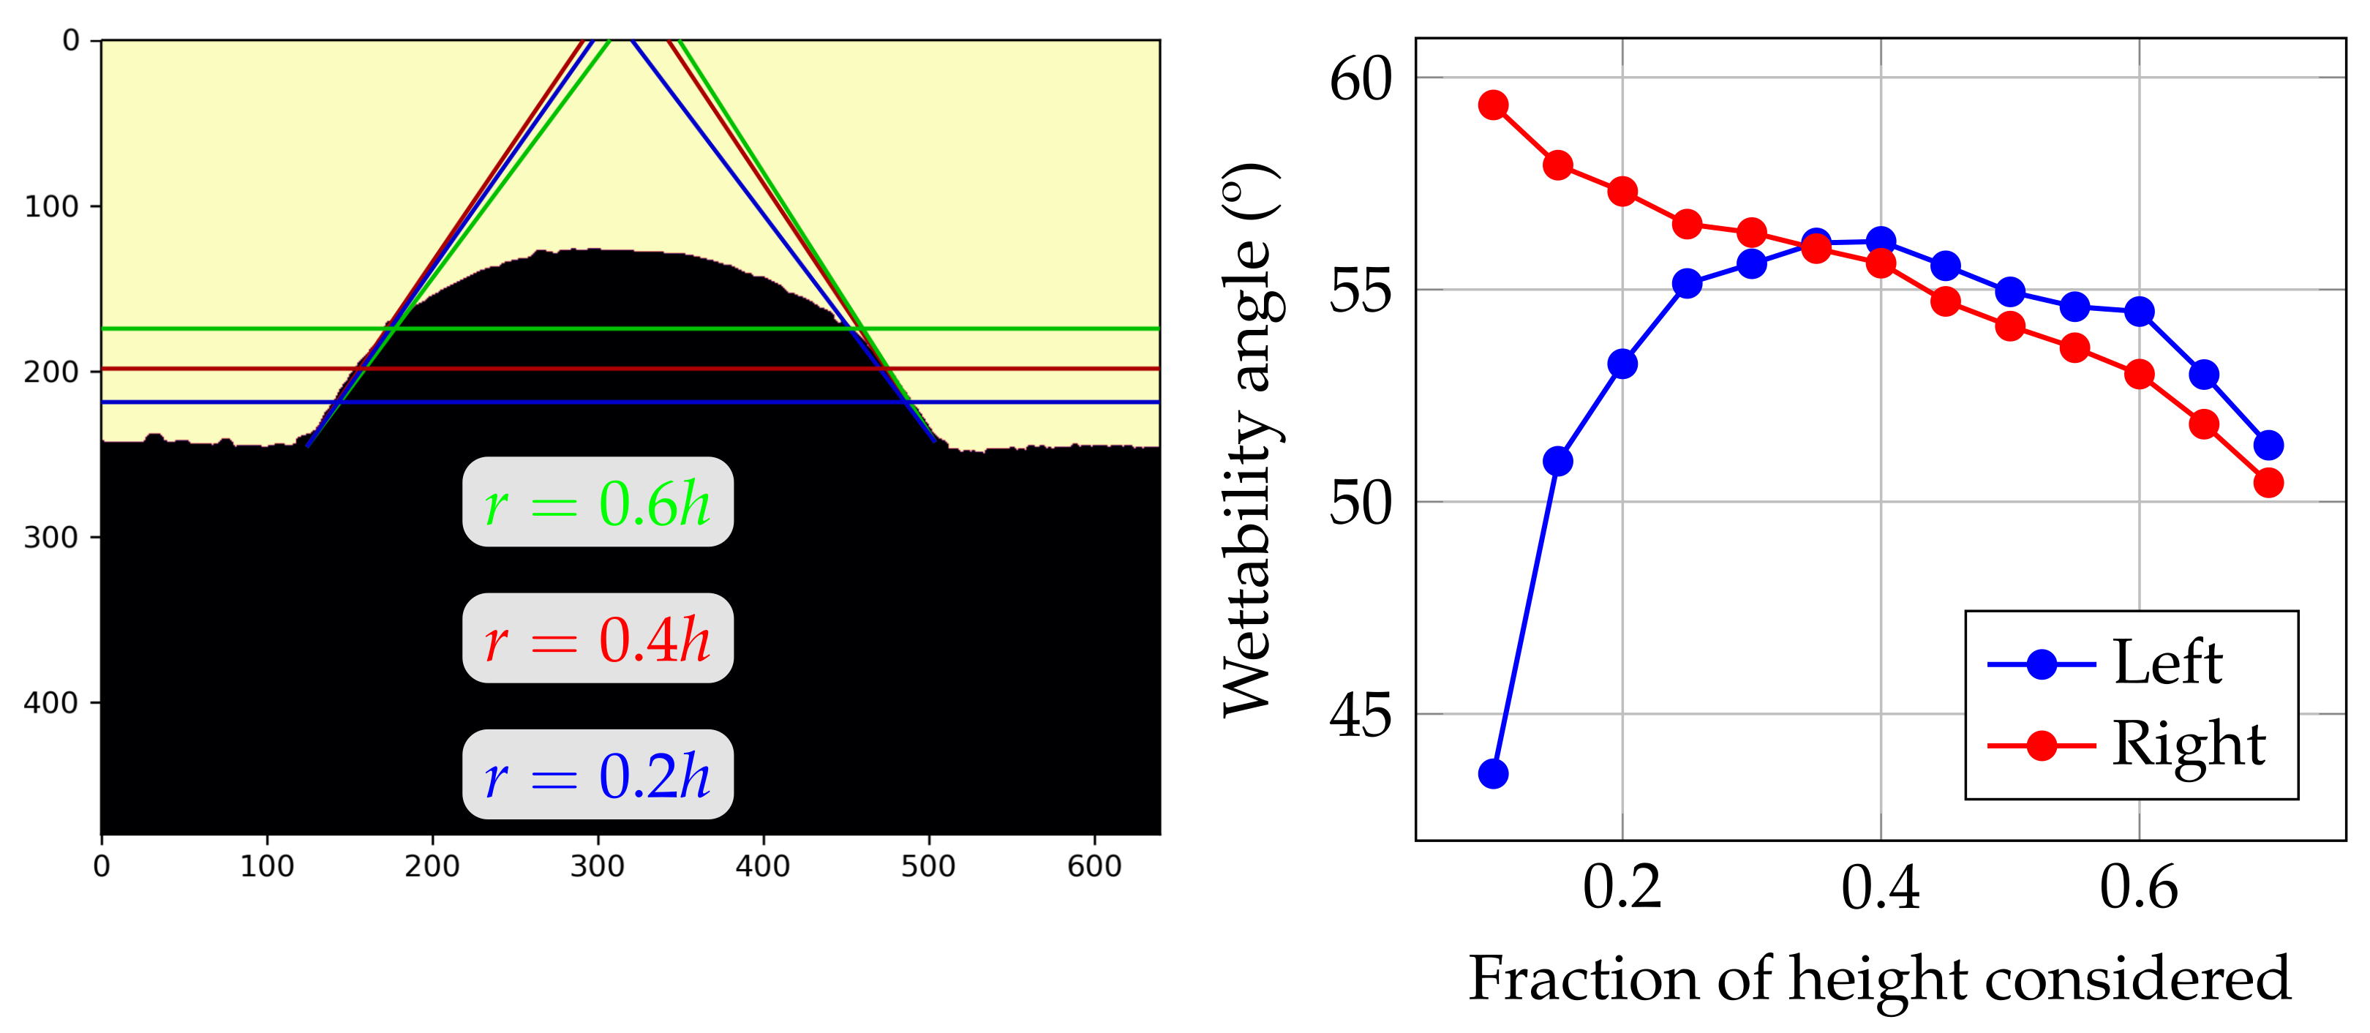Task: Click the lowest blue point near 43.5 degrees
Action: (1493, 773)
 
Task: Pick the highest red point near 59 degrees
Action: (1493, 105)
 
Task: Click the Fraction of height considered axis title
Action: (1878, 978)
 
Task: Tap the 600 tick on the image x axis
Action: (1094, 866)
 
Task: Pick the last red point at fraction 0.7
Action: (2269, 482)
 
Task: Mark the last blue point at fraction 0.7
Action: (2269, 446)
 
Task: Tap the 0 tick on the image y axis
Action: (71, 40)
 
